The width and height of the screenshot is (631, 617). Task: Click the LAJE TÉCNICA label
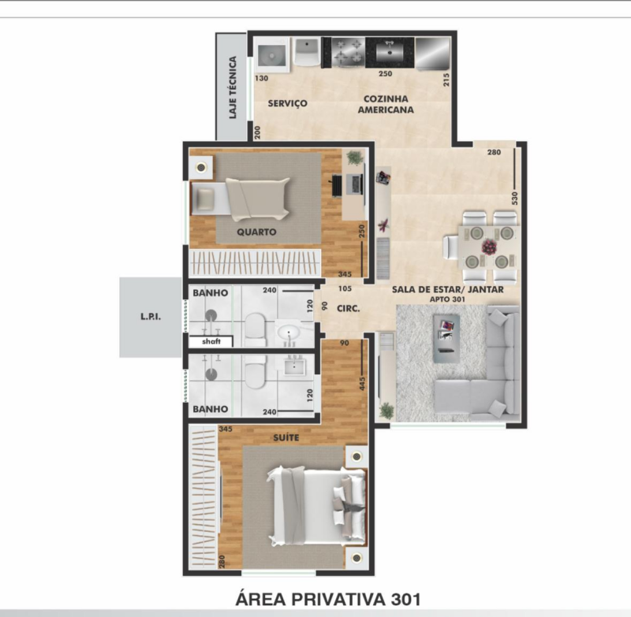233,87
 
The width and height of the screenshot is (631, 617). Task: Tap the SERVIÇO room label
287,104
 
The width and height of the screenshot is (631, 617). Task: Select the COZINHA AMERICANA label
386,104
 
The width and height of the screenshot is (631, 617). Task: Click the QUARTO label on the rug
256,232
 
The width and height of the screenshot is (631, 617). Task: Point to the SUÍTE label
286,437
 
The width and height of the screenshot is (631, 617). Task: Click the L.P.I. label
151,316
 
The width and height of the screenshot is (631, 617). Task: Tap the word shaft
211,341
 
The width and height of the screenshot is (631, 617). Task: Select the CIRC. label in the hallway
348,309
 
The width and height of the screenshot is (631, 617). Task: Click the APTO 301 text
447,299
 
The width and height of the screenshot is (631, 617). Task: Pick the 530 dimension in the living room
514,198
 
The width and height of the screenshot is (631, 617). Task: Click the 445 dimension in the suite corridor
362,383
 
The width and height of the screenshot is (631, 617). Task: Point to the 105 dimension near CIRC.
345,288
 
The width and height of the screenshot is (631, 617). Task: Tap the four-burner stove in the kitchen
348,51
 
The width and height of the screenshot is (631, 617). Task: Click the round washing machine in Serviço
271,55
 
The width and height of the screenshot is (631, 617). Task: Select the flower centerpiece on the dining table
489,247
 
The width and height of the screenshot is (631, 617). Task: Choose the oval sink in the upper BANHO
289,333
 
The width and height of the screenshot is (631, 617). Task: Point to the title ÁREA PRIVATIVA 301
328,599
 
